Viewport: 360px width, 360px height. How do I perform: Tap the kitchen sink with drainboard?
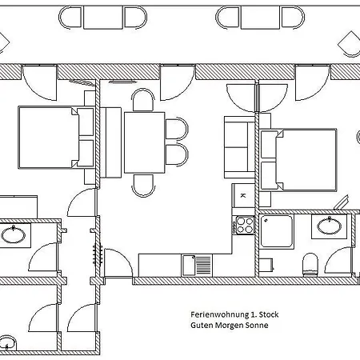pyautogui.click(x=197, y=266)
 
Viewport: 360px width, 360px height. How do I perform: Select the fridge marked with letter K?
pyautogui.click(x=243, y=195)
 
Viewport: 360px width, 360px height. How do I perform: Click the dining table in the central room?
pyautogui.click(x=144, y=142)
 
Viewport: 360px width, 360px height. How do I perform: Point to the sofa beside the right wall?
pyautogui.click(x=239, y=147)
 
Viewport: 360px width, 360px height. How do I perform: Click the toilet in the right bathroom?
pyautogui.click(x=310, y=264)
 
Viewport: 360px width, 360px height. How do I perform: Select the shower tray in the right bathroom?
pyautogui.click(x=276, y=231)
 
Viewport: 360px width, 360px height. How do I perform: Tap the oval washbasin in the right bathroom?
pyautogui.click(x=330, y=226)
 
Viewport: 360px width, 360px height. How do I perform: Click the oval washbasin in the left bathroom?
pyautogui.click(x=14, y=234)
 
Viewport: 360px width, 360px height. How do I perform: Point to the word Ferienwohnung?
pyautogui.click(x=219, y=314)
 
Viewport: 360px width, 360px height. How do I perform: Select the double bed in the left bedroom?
pyautogui.click(x=56, y=138)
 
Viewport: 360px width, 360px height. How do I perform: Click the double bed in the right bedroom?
pyautogui.click(x=298, y=160)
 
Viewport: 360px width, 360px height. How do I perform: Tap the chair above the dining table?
pyautogui.click(x=143, y=100)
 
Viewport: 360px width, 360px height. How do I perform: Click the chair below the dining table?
pyautogui.click(x=143, y=186)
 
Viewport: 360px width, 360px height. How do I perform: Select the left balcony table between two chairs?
pyautogui.click(x=103, y=18)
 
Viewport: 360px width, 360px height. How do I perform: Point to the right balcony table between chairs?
pyautogui.click(x=260, y=18)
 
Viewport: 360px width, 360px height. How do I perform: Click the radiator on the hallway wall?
pyautogui.click(x=98, y=254)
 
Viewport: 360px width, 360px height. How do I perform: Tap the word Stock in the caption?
pyautogui.click(x=269, y=314)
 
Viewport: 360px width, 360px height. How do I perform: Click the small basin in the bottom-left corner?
pyautogui.click(x=7, y=342)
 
